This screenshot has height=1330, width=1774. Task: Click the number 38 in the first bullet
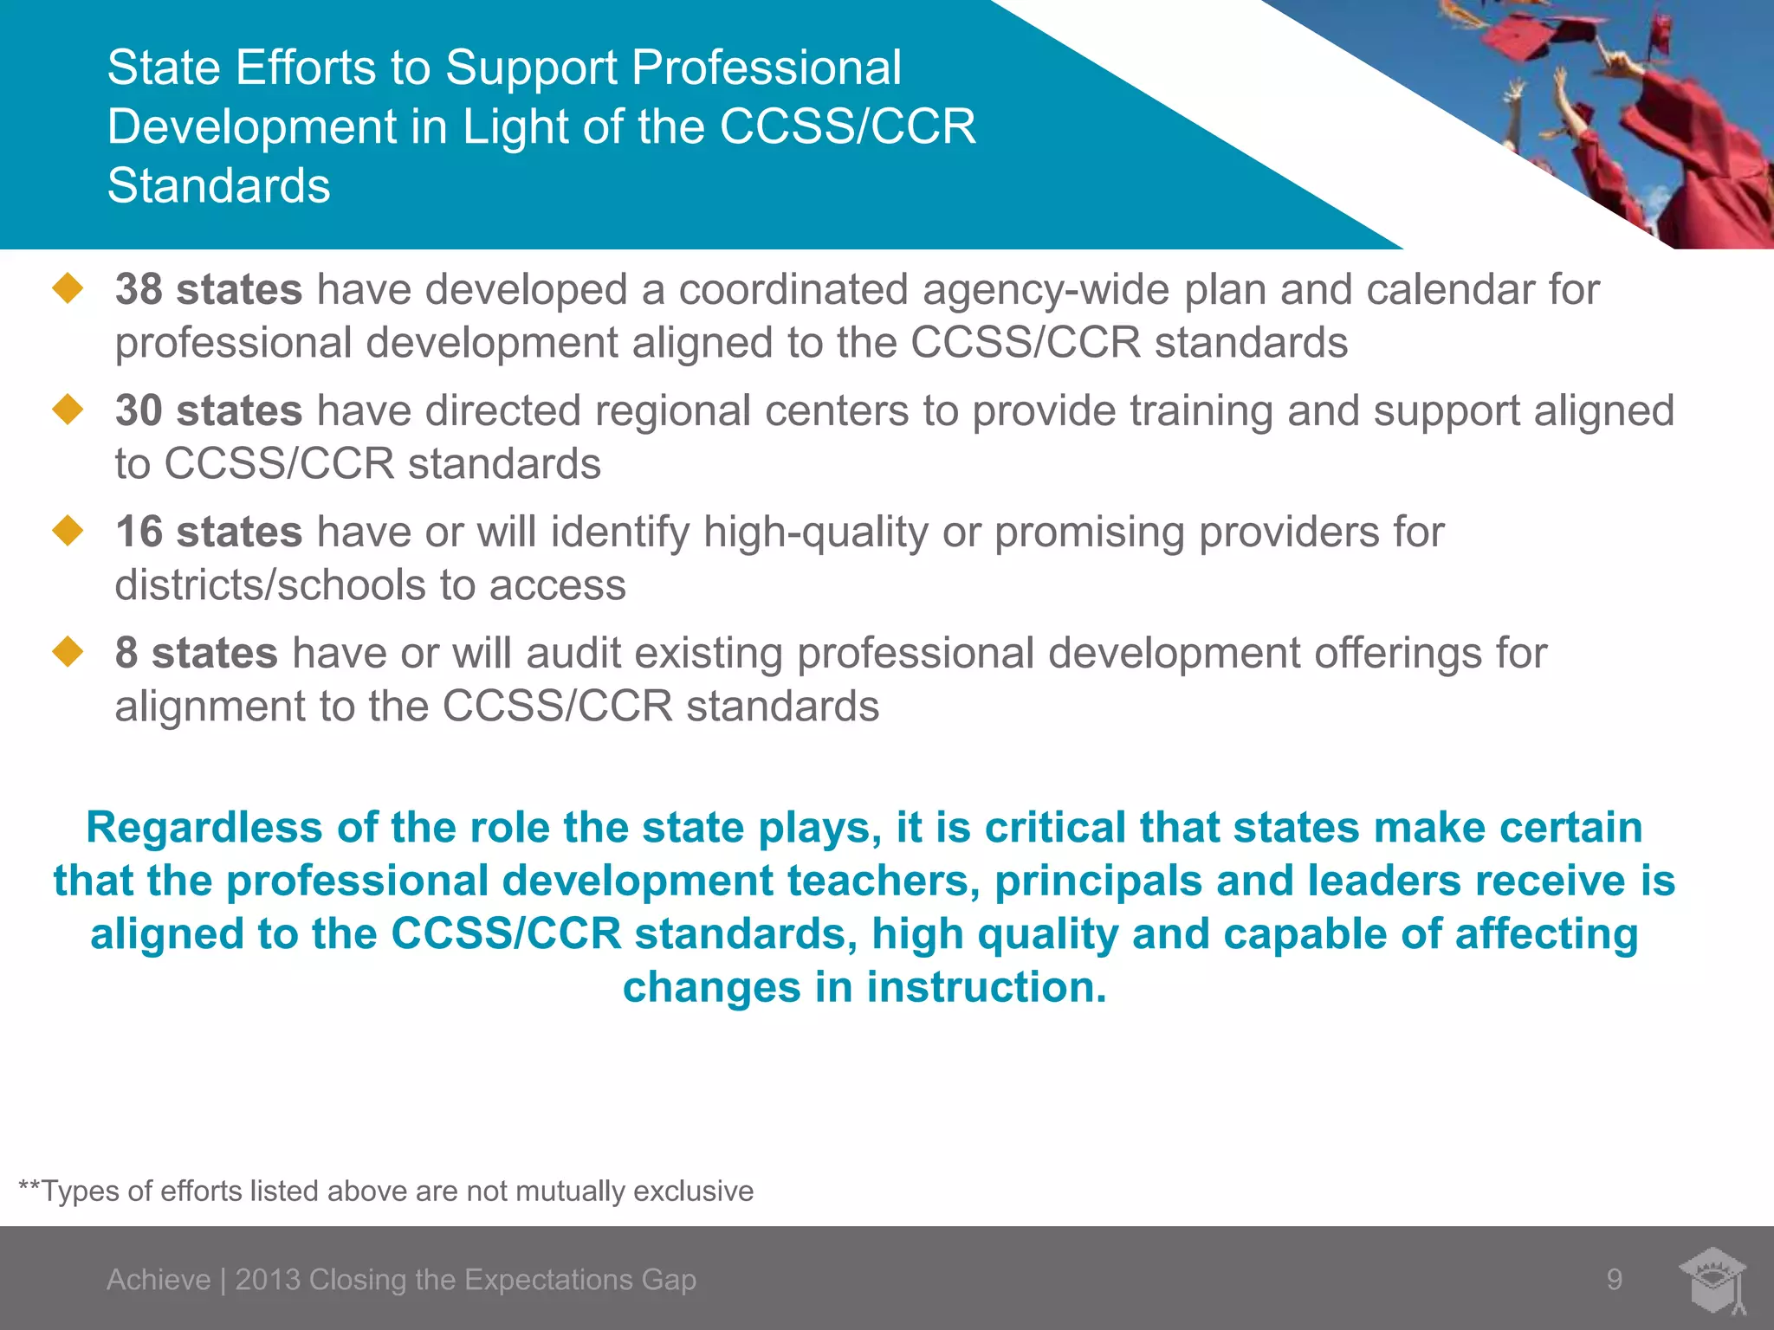pos(139,289)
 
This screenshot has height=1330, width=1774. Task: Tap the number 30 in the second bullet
pos(139,410)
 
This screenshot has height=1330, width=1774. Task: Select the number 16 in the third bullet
pos(139,532)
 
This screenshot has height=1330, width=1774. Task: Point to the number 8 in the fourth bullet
pos(126,653)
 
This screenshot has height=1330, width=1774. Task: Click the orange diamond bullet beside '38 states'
pos(68,288)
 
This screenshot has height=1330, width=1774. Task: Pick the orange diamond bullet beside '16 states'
pos(68,531)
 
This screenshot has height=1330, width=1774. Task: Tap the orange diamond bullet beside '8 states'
pos(68,652)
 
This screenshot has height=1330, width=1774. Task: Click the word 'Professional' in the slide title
pos(767,68)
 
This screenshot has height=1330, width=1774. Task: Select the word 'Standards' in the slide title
pos(218,185)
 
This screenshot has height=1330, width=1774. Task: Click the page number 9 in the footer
pos(1615,1279)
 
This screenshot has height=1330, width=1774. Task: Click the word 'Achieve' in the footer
pos(159,1280)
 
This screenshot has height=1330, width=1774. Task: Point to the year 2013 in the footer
pos(268,1280)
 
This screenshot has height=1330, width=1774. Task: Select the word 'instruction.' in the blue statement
pos(987,987)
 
